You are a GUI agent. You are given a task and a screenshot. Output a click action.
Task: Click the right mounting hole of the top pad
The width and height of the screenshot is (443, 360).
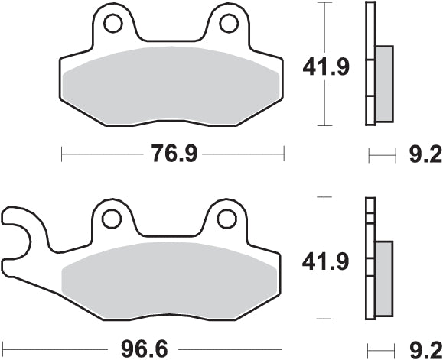[228, 24]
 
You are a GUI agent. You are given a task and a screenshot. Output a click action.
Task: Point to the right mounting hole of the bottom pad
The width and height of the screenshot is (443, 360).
[226, 219]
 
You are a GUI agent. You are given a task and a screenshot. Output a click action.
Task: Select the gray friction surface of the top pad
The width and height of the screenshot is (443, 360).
[172, 84]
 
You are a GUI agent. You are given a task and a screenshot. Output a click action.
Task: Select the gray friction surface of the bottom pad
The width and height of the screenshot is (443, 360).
[172, 279]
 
